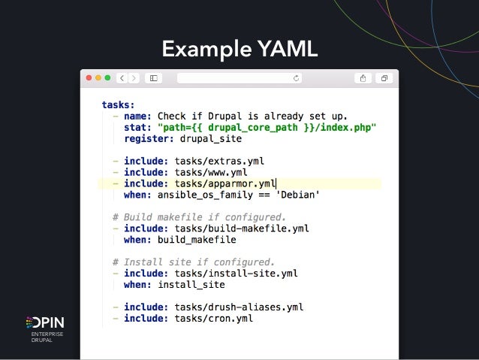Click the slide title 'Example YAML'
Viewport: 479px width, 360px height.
pyautogui.click(x=239, y=50)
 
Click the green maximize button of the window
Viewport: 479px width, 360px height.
pyautogui.click(x=107, y=77)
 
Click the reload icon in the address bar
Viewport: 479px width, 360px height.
pyautogui.click(x=297, y=77)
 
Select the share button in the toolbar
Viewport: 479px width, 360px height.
pyautogui.click(x=363, y=77)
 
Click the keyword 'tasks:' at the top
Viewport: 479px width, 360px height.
pyautogui.click(x=119, y=105)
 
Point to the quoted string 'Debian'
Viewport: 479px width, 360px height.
pyautogui.click(x=299, y=195)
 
